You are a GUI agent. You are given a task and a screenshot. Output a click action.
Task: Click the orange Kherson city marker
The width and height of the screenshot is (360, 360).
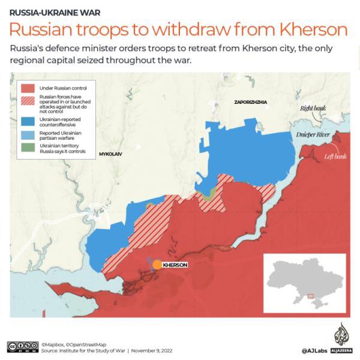pyautogui.click(x=157, y=265)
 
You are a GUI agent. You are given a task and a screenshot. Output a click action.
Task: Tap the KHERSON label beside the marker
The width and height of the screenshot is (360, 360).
pyautogui.click(x=175, y=265)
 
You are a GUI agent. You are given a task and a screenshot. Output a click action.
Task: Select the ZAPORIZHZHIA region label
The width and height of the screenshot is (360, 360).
pyautogui.click(x=250, y=103)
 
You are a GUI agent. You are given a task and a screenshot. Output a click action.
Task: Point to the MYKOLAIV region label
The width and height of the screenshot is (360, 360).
pyautogui.click(x=110, y=154)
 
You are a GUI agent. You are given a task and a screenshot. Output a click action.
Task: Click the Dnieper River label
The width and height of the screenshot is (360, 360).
pyautogui.click(x=313, y=135)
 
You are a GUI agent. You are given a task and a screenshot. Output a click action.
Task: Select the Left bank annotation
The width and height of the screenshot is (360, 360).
pyautogui.click(x=335, y=157)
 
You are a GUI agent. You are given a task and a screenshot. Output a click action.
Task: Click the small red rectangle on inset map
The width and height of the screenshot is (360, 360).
pyautogui.click(x=310, y=296)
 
